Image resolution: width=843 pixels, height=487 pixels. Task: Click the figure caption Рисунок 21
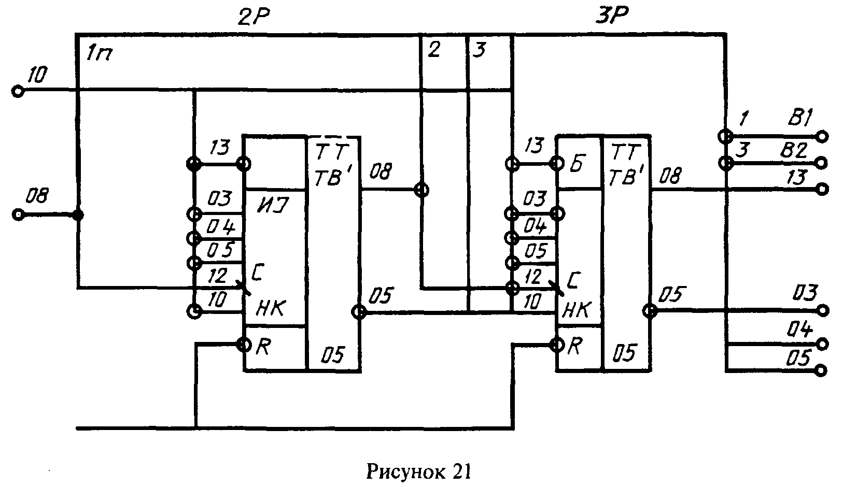[418, 471]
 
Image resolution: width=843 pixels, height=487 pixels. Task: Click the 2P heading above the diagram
[254, 17]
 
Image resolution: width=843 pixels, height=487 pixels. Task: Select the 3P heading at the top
[612, 16]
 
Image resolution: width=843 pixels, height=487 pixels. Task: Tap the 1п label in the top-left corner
[99, 53]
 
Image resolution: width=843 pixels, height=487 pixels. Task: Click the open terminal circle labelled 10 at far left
[18, 91]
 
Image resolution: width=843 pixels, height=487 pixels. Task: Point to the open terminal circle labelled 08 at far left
[18, 214]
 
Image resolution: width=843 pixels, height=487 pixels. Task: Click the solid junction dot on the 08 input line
[78, 215]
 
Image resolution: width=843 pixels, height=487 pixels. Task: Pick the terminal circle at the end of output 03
[822, 311]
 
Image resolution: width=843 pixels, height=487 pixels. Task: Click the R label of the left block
[263, 347]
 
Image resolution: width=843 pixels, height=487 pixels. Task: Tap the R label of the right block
[574, 347]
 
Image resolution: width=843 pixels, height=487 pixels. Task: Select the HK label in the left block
[270, 308]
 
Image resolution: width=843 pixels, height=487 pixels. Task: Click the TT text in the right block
[624, 153]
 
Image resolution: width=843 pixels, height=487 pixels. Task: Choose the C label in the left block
[259, 273]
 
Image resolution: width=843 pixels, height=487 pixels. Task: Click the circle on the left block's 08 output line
[421, 190]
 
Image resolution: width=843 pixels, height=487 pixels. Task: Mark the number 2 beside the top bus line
[434, 50]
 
